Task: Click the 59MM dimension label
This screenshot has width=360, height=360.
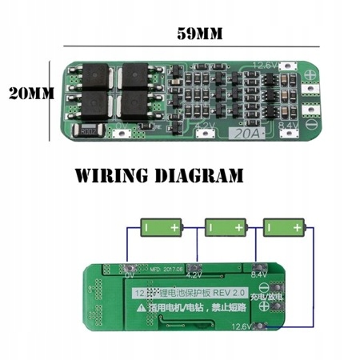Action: point(201,34)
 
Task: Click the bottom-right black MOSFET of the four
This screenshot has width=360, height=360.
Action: point(134,107)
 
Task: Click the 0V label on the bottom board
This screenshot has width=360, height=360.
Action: point(128,274)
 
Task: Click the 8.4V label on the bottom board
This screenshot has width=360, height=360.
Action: point(258,274)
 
